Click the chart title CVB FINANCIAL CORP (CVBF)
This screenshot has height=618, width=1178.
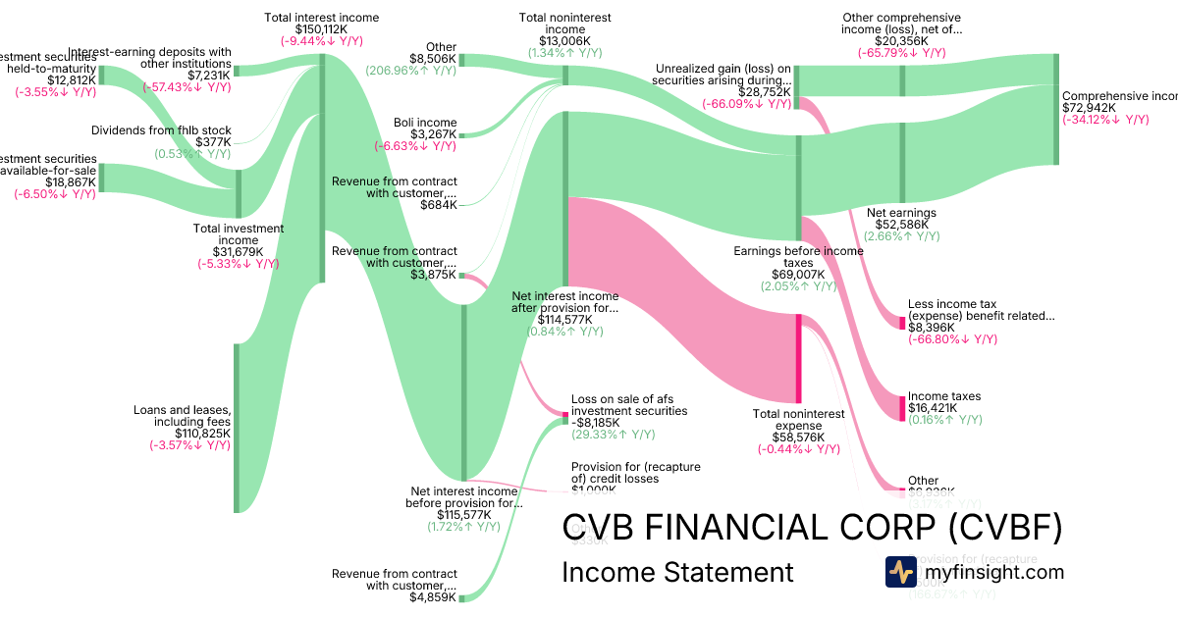pyautogui.click(x=812, y=529)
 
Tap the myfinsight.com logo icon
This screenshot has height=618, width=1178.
pyautogui.click(x=900, y=572)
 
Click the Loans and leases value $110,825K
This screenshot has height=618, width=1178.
pyautogui.click(x=202, y=433)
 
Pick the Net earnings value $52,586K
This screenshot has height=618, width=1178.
pyautogui.click(x=902, y=224)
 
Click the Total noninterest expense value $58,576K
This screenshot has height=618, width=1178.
pyautogui.click(x=791, y=438)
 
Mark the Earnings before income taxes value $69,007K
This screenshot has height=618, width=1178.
pyautogui.click(x=798, y=275)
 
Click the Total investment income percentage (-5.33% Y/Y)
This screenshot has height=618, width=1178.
pyautogui.click(x=237, y=263)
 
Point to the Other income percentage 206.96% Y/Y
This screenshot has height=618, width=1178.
pyautogui.click(x=410, y=71)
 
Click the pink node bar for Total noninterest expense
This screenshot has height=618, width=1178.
pyautogui.click(x=799, y=358)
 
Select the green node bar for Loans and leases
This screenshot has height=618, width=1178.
pyautogui.click(x=236, y=427)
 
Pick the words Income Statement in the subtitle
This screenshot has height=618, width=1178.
pyautogui.click(x=676, y=572)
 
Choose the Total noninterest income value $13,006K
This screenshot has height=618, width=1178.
pyautogui.click(x=564, y=41)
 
